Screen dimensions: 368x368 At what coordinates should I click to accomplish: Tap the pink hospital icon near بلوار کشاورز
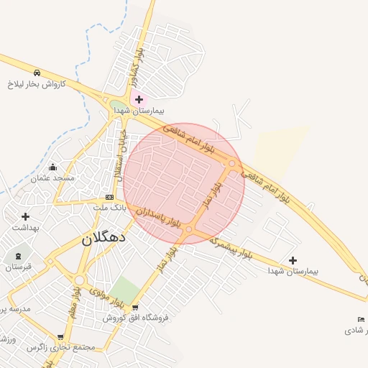tap(139, 99)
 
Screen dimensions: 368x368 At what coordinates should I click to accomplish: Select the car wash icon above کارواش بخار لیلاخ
tap(36, 73)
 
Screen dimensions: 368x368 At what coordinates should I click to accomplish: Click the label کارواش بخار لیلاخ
tap(37, 83)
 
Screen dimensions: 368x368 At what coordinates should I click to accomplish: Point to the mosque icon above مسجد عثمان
tap(52, 167)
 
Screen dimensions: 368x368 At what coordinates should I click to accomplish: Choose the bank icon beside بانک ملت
tap(109, 197)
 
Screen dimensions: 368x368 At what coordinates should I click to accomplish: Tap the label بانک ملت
tap(109, 207)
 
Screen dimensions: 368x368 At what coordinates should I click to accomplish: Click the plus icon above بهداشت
tap(26, 216)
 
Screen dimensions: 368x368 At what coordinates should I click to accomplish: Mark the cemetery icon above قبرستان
tap(18, 257)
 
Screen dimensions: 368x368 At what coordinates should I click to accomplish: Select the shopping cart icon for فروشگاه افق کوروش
tap(134, 308)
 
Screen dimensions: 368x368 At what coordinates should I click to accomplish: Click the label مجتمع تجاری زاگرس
tap(61, 347)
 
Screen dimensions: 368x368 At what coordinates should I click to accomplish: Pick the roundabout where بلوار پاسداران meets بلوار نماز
tap(188, 230)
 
